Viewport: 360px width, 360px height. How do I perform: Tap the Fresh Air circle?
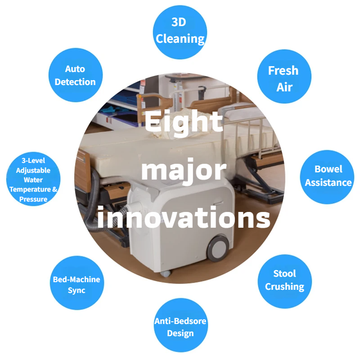point(283,77)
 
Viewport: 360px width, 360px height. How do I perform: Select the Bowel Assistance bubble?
point(328,176)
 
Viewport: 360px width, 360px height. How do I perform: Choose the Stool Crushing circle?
point(284,280)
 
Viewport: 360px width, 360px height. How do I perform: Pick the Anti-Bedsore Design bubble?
point(180,327)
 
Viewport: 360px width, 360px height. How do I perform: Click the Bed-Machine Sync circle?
point(76,285)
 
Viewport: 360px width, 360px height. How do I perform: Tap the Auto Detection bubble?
point(75,75)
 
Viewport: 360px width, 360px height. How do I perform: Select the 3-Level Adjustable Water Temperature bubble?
point(34,180)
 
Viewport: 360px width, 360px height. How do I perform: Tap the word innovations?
point(184,217)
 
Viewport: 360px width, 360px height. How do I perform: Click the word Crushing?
point(284,287)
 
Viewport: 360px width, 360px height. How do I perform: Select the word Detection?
point(75,82)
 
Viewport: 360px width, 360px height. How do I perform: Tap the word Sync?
point(76,291)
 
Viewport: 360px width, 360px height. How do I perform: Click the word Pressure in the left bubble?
point(34,199)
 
